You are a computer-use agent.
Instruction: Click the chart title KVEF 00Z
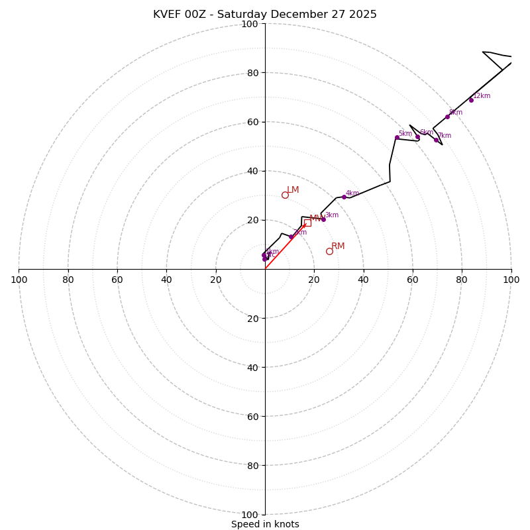[265, 15]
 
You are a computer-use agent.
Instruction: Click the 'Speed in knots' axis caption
[265, 524]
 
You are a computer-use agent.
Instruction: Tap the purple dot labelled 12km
[471, 100]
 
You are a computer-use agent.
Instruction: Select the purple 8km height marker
[447, 117]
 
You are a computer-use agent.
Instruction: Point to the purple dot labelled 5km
[397, 138]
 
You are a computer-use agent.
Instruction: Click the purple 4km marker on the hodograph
[344, 197]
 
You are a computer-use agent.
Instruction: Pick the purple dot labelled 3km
[323, 219]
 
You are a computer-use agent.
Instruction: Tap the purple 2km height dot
[291, 237]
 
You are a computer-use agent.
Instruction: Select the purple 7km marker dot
[436, 140]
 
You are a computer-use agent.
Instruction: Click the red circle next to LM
[285, 195]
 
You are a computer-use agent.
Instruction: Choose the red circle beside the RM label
[329, 251]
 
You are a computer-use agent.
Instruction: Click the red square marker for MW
[307, 223]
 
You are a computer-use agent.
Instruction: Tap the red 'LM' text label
[293, 190]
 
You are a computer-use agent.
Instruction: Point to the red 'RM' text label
[338, 246]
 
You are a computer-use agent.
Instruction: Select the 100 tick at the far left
[19, 280]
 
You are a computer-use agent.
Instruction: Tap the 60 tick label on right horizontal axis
[413, 280]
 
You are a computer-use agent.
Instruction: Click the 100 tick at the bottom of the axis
[249, 515]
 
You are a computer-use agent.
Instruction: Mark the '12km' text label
[482, 96]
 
